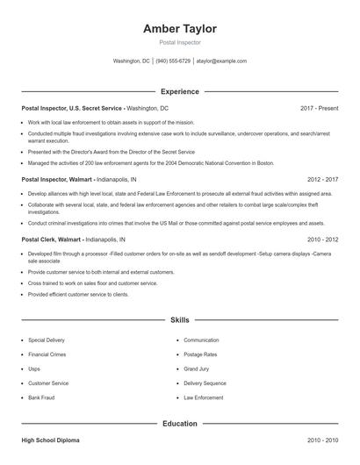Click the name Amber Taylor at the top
[x=180, y=29]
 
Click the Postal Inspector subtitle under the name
[x=179, y=42]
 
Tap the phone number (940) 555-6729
[x=174, y=61]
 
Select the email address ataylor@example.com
[x=221, y=61]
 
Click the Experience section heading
[x=179, y=91]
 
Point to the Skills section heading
[x=179, y=321]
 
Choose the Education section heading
[x=179, y=424]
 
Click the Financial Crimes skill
[x=47, y=354]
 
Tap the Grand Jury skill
[x=198, y=368]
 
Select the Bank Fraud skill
[x=40, y=398]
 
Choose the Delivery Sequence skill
[x=205, y=383]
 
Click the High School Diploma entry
[x=54, y=440]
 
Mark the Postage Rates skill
[x=200, y=354]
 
